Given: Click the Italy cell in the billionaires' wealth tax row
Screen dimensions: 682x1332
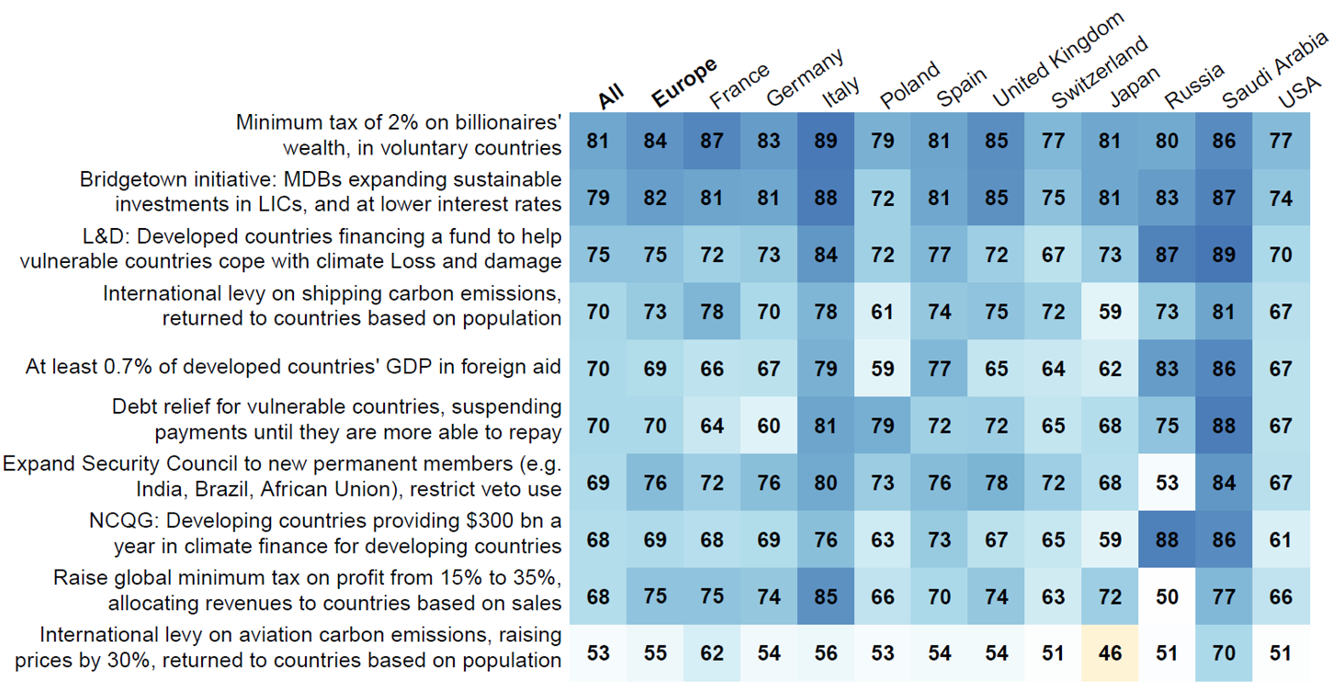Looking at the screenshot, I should tap(826, 141).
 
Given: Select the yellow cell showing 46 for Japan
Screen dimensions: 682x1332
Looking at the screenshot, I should tap(1111, 654).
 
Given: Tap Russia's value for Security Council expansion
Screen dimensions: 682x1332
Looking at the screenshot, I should tap(1168, 483).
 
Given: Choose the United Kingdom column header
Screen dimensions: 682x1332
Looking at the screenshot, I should tap(1056, 60).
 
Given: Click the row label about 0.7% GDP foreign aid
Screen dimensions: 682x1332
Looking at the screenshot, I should tap(293, 368).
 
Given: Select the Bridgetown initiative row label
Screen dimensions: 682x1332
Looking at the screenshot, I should tap(320, 191).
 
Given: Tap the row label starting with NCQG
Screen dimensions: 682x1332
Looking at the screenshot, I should tap(326, 534).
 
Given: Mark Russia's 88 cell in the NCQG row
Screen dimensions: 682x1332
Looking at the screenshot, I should tap(1168, 540).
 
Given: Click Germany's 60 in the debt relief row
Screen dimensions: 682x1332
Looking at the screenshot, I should tap(769, 426).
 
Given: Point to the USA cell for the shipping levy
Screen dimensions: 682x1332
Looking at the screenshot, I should tap(1281, 312).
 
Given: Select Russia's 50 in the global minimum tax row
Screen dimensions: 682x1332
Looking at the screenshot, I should tap(1168, 597).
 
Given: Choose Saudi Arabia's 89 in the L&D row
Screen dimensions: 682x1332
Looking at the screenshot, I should tap(1225, 255).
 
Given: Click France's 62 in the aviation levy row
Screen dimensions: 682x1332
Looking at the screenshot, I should tap(712, 654).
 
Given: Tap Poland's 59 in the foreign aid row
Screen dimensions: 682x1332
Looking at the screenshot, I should tap(883, 369).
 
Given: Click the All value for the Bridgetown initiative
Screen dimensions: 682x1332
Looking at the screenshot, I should tap(598, 198).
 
